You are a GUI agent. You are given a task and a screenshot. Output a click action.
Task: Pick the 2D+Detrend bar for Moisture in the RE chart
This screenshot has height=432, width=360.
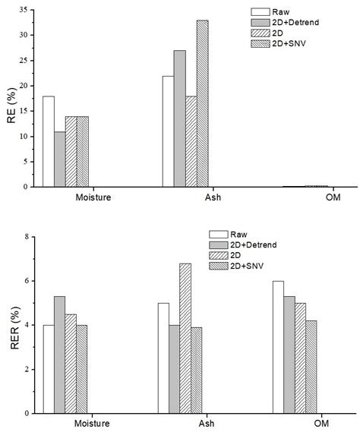59,159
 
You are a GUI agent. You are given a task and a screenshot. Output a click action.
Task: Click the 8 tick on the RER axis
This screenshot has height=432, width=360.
27,237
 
